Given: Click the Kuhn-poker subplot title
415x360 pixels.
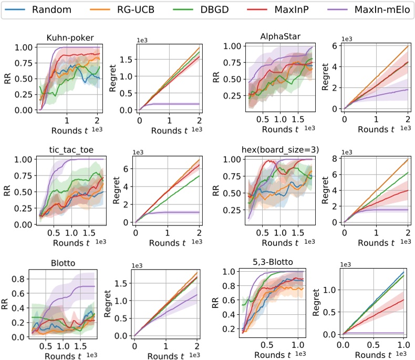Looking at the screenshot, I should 66,38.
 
